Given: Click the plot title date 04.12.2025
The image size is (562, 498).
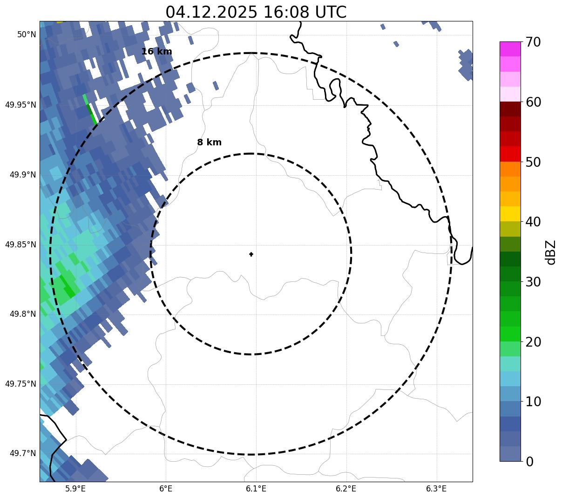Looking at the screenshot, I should tap(211, 12).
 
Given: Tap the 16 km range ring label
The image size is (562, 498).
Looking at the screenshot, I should tap(157, 52).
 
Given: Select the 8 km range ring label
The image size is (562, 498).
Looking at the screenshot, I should tap(210, 143).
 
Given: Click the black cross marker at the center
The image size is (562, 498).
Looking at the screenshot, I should tap(251, 254).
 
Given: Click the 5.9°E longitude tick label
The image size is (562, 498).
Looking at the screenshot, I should tap(75, 489).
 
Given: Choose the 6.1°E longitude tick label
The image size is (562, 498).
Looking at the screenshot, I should tap(256, 489).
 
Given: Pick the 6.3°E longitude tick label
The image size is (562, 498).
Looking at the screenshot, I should tap(436, 489).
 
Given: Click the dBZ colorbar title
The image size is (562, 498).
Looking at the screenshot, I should tap(551, 252).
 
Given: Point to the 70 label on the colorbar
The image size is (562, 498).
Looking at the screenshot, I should tap(533, 42).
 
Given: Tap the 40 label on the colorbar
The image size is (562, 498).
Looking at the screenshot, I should tap(533, 222).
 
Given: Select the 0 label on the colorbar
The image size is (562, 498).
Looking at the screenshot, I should tap(529, 462).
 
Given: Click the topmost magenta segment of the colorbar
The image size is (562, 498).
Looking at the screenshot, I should tap(510, 49).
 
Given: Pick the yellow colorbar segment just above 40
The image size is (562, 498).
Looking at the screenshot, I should tap(510, 214).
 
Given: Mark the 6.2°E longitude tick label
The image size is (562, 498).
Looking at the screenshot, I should tap(346, 489).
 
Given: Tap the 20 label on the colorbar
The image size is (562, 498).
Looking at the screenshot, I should tap(533, 342).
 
